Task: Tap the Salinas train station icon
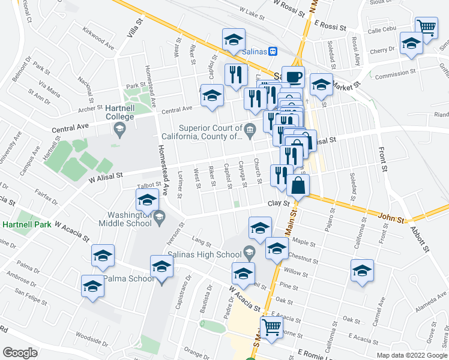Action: [x=272, y=52]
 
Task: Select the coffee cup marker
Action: [x=293, y=77]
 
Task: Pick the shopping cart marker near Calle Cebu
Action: [x=426, y=26]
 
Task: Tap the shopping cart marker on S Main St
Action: [x=271, y=326]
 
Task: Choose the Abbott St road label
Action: [x=420, y=237]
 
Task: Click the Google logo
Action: [x=20, y=353]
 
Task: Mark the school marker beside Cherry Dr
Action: [x=411, y=43]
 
